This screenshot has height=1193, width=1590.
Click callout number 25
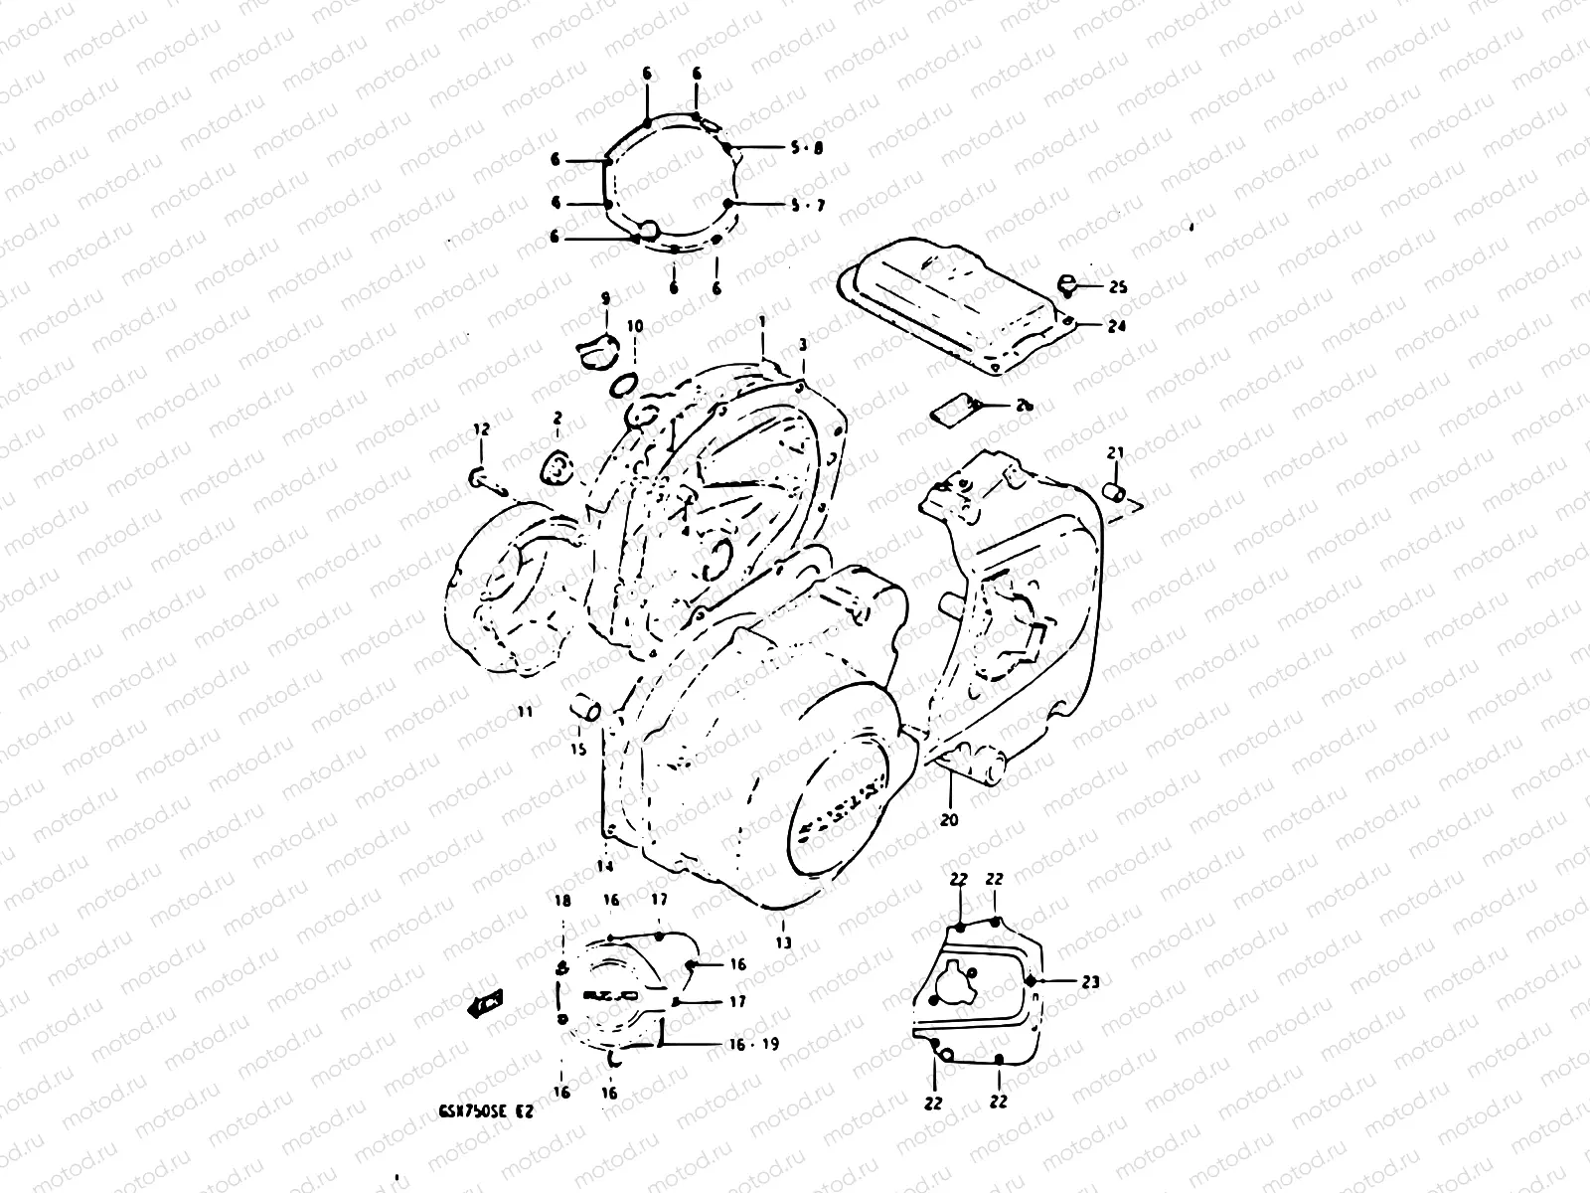[1118, 288]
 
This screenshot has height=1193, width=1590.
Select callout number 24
[1117, 325]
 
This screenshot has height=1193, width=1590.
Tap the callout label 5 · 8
[807, 148]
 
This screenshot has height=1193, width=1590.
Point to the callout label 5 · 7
[807, 206]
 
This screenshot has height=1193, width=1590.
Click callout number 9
[604, 298]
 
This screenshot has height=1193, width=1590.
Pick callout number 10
[635, 326]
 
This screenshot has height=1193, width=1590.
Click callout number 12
[481, 429]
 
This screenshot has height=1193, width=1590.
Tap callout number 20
[949, 820]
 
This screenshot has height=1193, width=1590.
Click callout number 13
[784, 942]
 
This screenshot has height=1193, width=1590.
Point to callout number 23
[1091, 982]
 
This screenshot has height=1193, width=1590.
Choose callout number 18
[562, 901]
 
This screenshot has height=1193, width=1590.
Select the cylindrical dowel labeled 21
[1117, 491]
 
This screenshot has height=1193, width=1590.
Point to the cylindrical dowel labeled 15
[585, 710]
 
